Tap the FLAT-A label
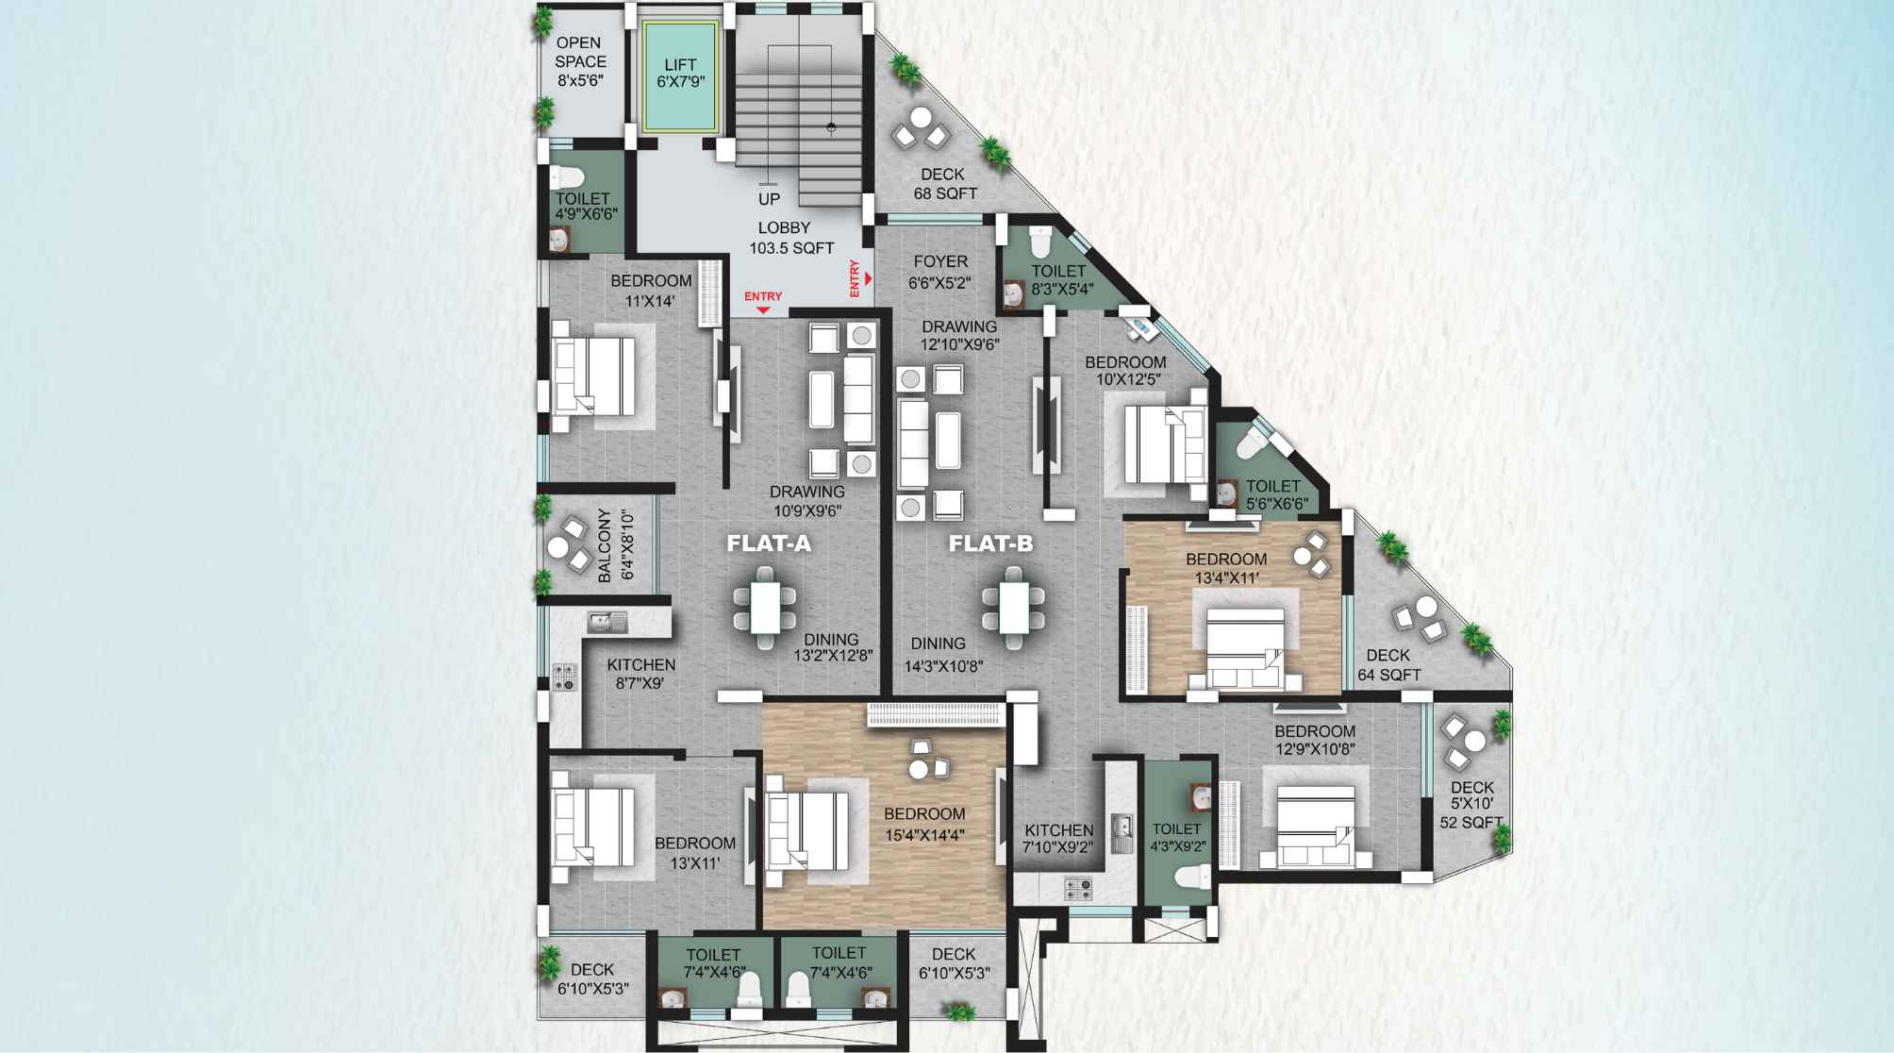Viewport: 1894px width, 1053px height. (x=768, y=543)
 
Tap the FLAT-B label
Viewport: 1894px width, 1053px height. (x=990, y=543)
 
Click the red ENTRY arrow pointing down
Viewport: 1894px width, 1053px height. (x=763, y=309)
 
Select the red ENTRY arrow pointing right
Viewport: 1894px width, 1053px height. (x=868, y=278)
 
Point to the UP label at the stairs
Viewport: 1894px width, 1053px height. (x=769, y=199)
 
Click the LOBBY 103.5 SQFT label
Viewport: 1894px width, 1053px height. (x=790, y=238)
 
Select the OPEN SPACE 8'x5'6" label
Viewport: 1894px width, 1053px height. (x=579, y=61)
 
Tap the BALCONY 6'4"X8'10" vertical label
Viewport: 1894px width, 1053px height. (x=615, y=545)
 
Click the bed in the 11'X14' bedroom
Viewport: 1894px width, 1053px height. (x=594, y=377)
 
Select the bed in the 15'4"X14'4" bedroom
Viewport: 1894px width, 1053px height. (x=807, y=830)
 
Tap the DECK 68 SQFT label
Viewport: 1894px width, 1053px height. (x=944, y=184)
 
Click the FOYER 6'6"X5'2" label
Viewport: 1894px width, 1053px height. (x=939, y=272)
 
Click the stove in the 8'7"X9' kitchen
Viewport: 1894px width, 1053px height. (x=565, y=676)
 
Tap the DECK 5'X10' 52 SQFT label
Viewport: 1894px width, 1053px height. (x=1471, y=804)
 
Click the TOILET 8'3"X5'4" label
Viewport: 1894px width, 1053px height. (x=1060, y=279)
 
